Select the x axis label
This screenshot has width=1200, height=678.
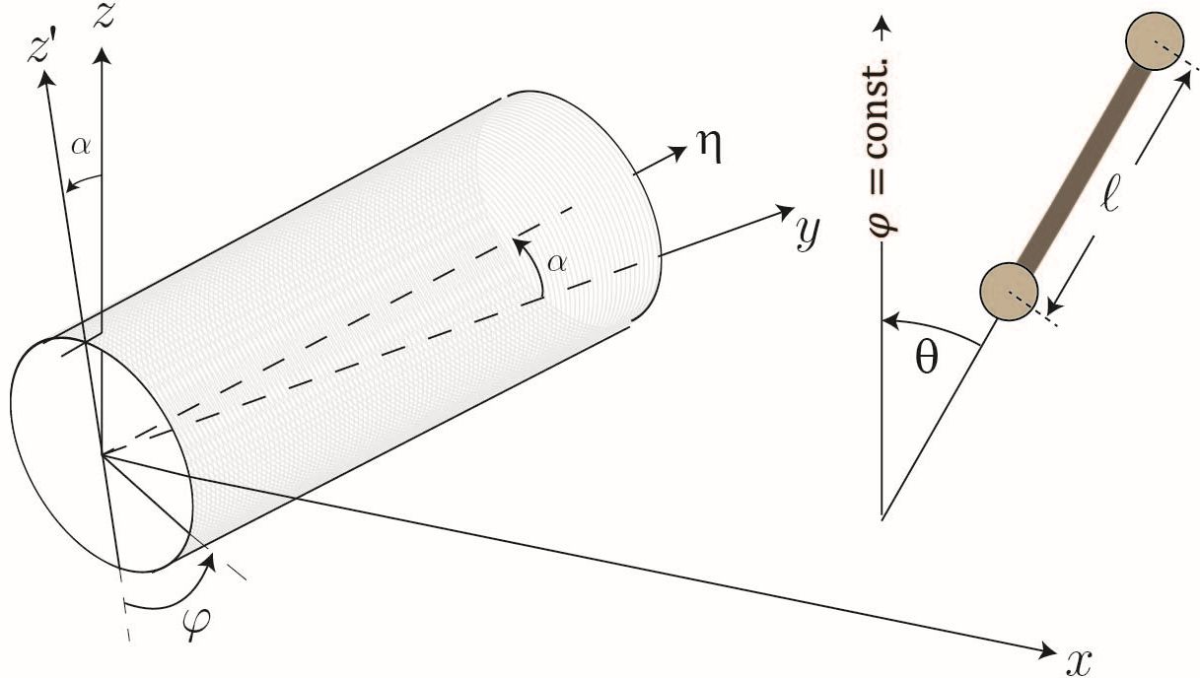pos(1080,660)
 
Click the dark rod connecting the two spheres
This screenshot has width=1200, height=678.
pos(1081,165)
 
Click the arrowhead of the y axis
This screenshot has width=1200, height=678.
pos(785,209)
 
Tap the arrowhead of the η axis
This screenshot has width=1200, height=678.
pos(680,151)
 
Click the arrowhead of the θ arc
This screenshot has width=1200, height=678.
pos(886,320)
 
